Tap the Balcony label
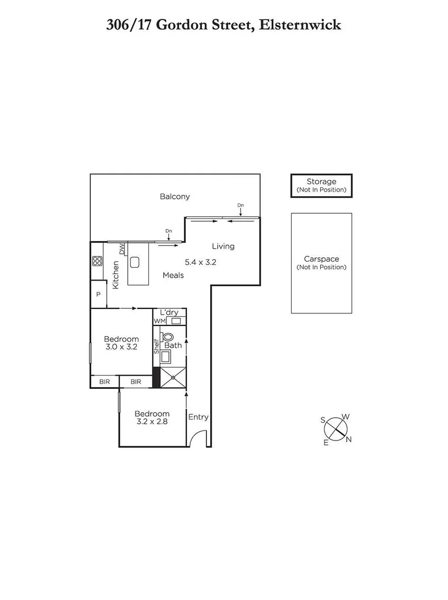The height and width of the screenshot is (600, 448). click(x=175, y=196)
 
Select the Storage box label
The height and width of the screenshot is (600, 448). click(x=321, y=182)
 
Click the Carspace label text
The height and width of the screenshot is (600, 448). click(x=321, y=259)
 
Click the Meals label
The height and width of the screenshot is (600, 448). click(x=173, y=275)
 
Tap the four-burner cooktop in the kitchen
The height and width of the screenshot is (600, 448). click(x=97, y=261)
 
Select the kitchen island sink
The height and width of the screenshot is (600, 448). click(x=135, y=262)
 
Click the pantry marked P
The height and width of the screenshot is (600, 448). click(x=98, y=295)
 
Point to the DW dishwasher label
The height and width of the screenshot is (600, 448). click(x=122, y=249)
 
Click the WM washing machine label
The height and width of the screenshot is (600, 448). click(x=160, y=321)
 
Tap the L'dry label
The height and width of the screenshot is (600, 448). click(x=169, y=313)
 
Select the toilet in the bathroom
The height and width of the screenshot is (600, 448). click(x=167, y=337)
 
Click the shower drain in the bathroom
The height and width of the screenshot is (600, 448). click(x=173, y=378)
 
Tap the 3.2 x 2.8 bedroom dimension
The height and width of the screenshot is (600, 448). click(x=151, y=422)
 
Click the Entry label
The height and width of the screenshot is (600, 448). click(x=198, y=417)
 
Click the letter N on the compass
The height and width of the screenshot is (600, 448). click(x=349, y=440)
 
